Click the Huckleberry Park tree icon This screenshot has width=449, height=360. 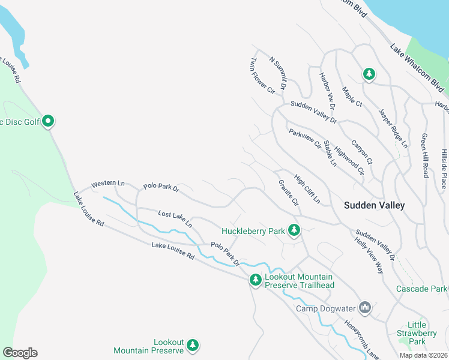[294, 230]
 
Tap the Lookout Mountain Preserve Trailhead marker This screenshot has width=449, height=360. [255, 280]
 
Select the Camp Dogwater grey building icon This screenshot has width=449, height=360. [365, 308]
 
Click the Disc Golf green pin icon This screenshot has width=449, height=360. [49, 122]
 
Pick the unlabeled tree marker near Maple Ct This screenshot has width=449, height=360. [369, 74]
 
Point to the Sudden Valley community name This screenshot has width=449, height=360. [374, 205]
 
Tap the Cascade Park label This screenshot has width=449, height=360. [421, 289]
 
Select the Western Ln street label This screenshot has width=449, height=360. [107, 183]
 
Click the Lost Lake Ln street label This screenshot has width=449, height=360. [175, 218]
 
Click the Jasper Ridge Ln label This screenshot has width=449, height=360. [393, 128]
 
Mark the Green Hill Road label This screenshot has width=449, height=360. [425, 155]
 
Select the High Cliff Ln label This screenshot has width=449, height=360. [307, 188]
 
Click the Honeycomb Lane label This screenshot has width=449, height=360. [361, 339]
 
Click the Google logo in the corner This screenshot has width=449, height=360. [20, 353]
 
